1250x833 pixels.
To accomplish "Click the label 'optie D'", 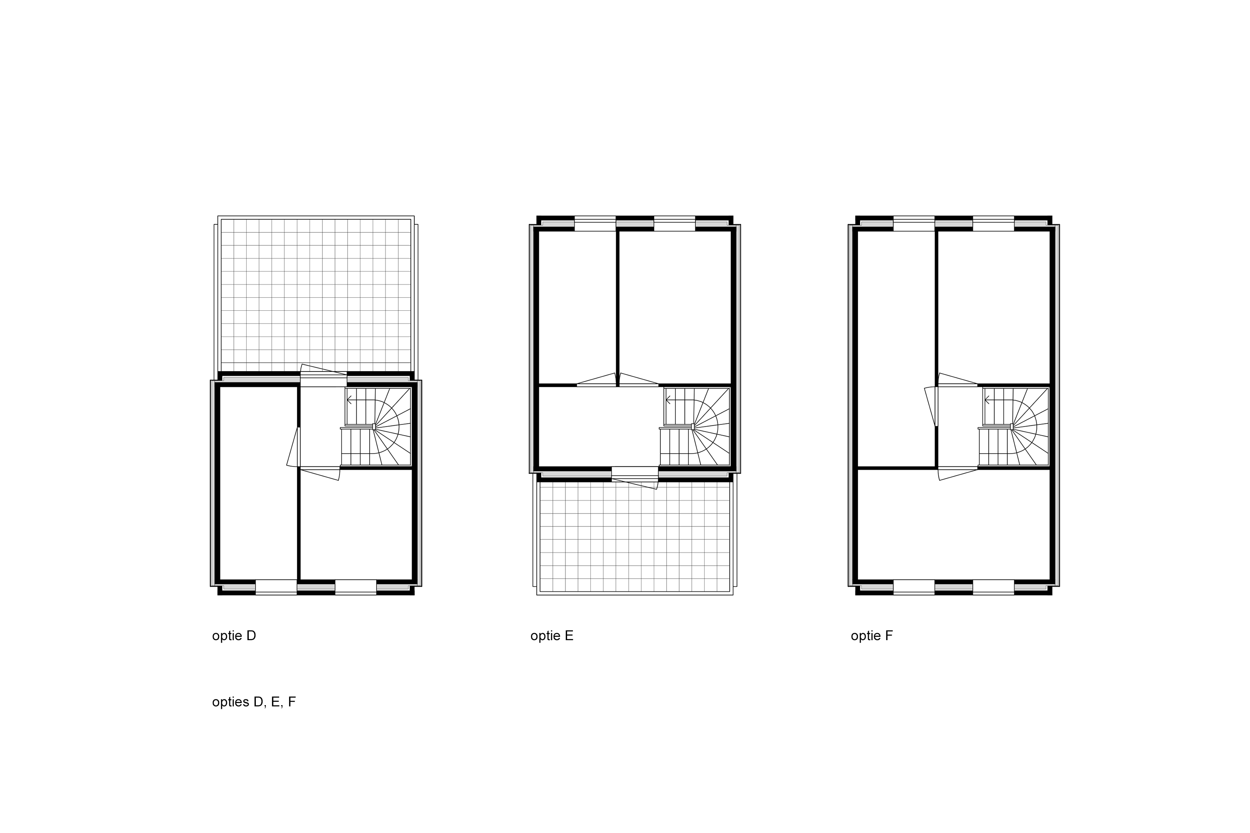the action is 234,636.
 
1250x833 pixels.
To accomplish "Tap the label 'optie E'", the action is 552,636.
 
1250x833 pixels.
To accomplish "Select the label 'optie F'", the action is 872,636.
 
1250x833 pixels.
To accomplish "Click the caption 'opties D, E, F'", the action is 253,702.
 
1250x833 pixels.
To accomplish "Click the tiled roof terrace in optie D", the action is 316,295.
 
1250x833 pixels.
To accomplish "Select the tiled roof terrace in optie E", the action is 635,537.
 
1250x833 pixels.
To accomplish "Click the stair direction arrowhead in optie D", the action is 349,400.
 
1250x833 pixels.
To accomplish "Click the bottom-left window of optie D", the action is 276,587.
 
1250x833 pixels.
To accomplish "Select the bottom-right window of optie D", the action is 355,587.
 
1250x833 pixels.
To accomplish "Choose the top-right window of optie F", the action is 993,223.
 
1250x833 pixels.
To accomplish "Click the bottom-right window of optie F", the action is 993,587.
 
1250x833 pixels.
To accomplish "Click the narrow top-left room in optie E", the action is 577,307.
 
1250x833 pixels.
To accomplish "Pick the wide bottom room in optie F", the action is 953,524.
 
